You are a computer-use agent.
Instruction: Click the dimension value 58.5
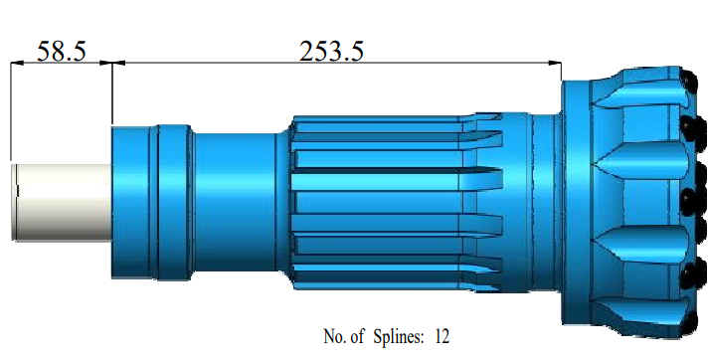pos(61,51)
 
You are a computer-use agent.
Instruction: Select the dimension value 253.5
pos(331,51)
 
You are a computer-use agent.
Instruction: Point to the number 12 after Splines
pos(443,336)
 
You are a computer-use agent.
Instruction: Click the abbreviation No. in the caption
pos(334,336)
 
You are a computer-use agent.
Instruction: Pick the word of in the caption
pos(357,336)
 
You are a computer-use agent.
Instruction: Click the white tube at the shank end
pos(62,202)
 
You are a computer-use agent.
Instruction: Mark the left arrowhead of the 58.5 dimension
pos(17,64)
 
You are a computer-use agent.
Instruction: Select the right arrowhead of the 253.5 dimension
pos(555,64)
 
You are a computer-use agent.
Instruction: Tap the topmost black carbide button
pos(687,79)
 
